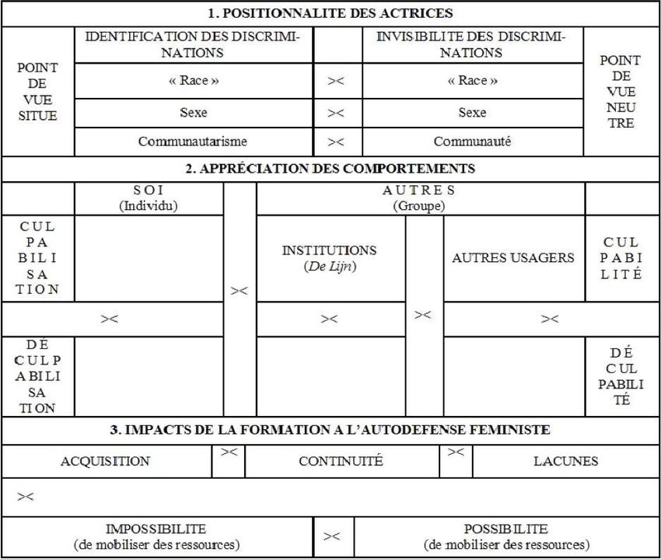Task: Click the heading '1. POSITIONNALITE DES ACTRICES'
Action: point(330,13)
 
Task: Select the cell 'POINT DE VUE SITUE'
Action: point(37,92)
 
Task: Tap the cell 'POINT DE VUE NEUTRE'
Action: point(621,92)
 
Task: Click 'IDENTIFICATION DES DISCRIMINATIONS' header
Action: point(193,45)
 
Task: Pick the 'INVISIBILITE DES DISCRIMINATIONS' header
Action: point(472,45)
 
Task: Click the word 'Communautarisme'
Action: point(193,141)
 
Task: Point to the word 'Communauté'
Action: point(472,141)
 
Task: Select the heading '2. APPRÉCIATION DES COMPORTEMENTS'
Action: point(330,169)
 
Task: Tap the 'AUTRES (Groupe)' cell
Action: point(419,198)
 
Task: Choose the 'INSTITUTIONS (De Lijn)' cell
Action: point(329,258)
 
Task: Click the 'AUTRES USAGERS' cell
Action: point(513,258)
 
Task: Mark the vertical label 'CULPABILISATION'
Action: point(37,257)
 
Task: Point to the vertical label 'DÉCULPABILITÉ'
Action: point(621,377)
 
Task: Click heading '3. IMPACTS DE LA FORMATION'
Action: point(330,429)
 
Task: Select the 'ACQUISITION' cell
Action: point(105,461)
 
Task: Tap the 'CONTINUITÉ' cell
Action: point(341,461)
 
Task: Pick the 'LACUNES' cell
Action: point(565,461)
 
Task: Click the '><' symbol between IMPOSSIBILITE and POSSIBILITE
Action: point(332,536)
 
